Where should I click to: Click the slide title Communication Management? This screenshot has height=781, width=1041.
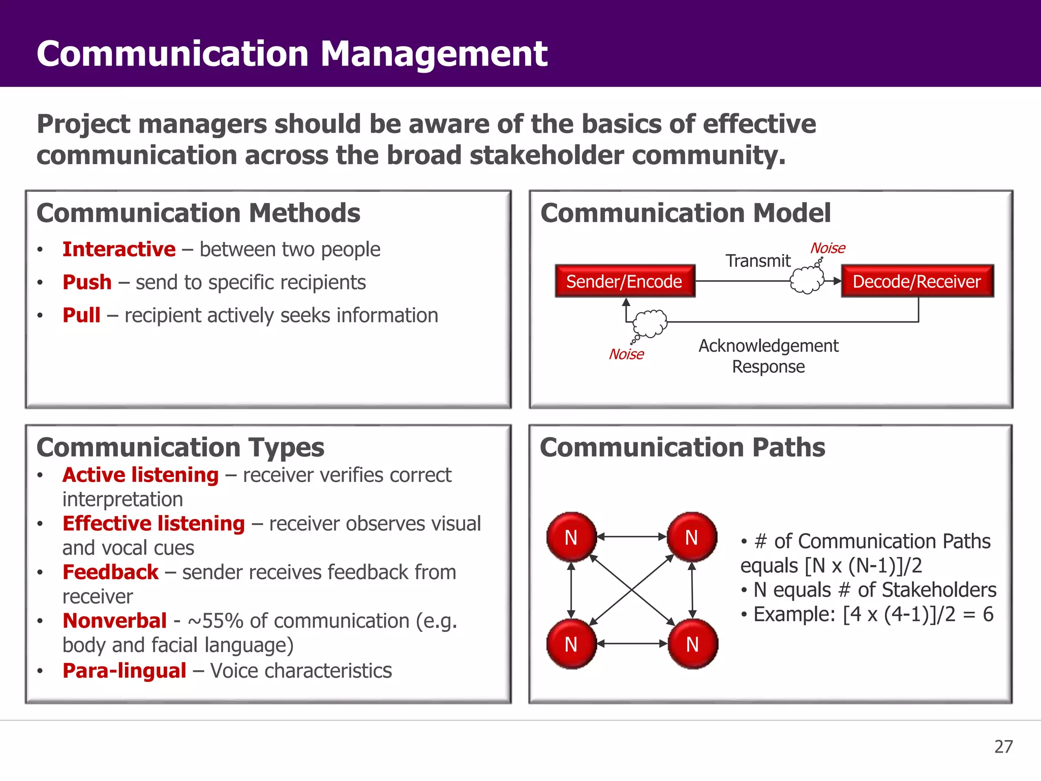[x=292, y=53]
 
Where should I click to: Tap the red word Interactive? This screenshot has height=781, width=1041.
[x=119, y=249]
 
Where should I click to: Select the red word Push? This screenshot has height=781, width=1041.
[x=87, y=282]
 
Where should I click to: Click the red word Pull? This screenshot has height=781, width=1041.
[x=81, y=315]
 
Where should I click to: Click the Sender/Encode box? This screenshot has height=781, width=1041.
[x=625, y=281]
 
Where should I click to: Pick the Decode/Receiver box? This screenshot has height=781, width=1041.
[x=916, y=281]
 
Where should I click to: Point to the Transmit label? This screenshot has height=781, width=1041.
[x=757, y=261]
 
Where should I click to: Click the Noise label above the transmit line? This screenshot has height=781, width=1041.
[x=828, y=248]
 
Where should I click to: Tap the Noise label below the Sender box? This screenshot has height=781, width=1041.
[x=626, y=354]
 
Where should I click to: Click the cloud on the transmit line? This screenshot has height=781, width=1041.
[x=807, y=280]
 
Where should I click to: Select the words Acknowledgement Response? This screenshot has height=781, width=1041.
[x=768, y=356]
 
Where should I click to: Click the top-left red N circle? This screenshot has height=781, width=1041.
[x=571, y=537]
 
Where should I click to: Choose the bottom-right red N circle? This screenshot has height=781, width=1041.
[x=692, y=644]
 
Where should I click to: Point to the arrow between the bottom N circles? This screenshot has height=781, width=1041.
[x=631, y=644]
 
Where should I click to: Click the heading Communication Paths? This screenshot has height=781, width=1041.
[x=682, y=447]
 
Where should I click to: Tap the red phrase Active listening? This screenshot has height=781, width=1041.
[x=140, y=475]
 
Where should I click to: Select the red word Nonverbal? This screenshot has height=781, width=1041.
[x=114, y=621]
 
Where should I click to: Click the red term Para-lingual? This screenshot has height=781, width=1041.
[x=125, y=671]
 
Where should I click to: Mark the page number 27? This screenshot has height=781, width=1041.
[x=1003, y=746]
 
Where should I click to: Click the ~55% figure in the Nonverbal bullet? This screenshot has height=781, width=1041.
[x=216, y=621]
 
